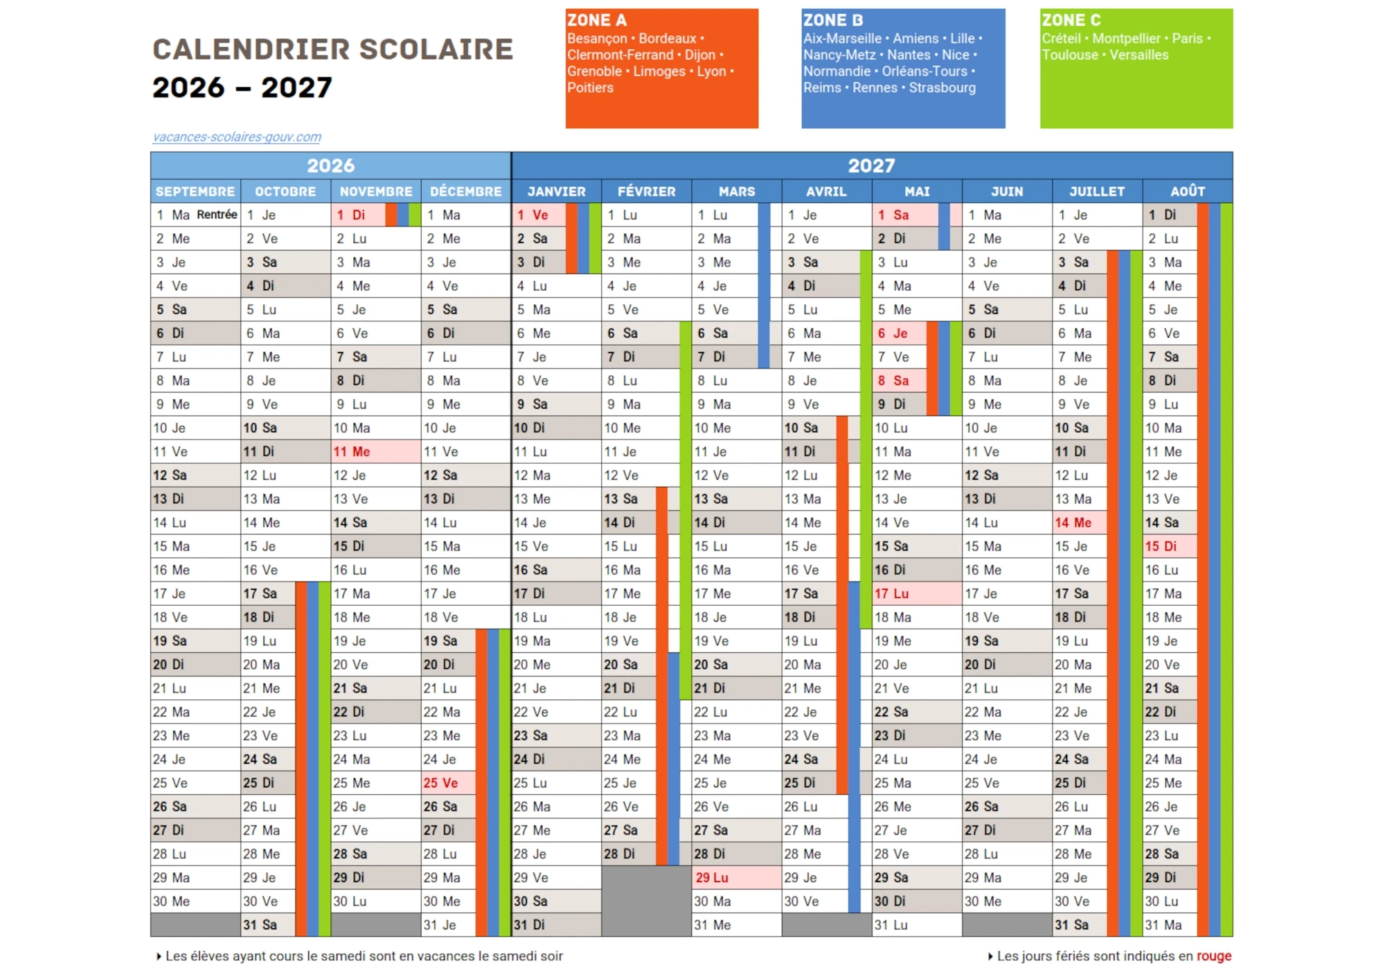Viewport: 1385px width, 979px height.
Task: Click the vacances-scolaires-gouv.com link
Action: point(237,137)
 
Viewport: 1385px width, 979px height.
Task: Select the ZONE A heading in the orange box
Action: point(596,20)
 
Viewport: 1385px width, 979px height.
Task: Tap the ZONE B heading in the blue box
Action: point(833,20)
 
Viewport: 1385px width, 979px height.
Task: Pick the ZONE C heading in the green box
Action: point(1071,20)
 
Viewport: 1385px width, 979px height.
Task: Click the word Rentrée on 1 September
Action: point(217,215)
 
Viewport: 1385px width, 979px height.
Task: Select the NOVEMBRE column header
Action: point(375,192)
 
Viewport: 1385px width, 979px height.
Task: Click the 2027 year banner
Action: point(871,165)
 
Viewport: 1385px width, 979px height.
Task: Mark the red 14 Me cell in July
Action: point(1078,523)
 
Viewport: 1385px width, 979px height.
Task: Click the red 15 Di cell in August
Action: point(1168,546)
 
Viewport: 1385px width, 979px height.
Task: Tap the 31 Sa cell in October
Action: point(267,925)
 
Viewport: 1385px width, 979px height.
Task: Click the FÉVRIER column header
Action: point(646,192)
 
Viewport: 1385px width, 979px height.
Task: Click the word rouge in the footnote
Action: point(1213,956)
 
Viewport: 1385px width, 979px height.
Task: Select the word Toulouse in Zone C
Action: point(1069,55)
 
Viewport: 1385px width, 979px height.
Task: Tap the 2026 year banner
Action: point(330,165)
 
